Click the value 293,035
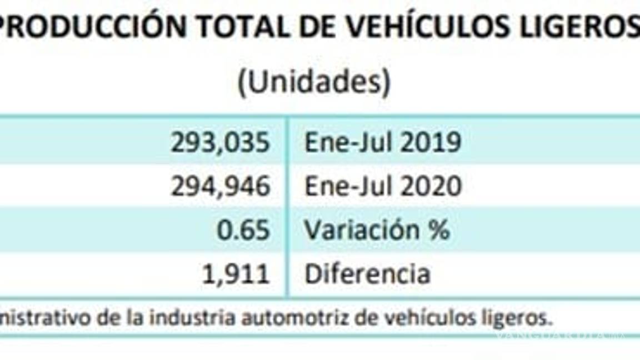click(220, 143)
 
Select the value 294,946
click(220, 187)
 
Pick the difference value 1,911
click(236, 274)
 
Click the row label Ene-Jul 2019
click(382, 143)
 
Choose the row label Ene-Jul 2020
click(382, 187)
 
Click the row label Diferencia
click(367, 274)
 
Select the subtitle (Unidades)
click(314, 83)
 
